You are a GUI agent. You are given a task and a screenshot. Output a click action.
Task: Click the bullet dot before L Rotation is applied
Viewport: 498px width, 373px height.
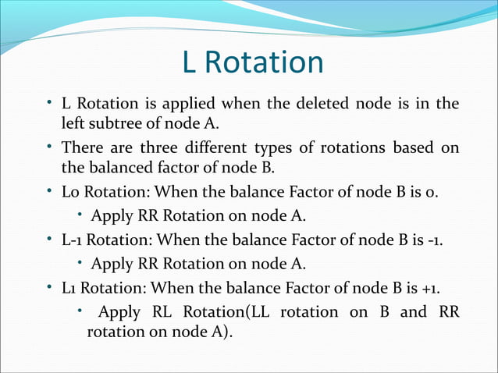(49, 103)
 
